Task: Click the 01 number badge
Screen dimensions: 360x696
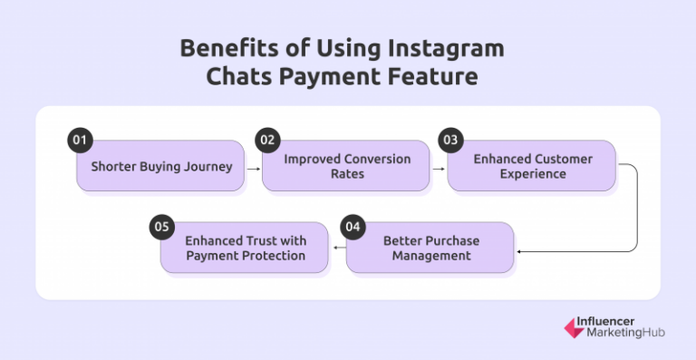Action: point(81,141)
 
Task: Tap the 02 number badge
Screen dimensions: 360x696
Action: point(266,141)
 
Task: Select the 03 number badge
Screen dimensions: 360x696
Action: point(450,141)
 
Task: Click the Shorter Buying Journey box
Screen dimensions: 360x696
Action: point(160,166)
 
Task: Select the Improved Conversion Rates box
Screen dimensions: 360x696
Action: point(346,166)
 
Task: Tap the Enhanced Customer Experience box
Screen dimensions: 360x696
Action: point(532,166)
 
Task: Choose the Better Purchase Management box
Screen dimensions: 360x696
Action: point(430,248)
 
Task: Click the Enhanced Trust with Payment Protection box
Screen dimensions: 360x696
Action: point(246,248)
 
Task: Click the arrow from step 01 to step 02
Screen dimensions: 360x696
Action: point(253,167)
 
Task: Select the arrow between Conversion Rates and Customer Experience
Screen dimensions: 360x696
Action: point(439,167)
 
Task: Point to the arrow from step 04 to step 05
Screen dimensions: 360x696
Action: point(339,248)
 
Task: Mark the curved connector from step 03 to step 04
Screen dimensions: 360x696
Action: point(636,209)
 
